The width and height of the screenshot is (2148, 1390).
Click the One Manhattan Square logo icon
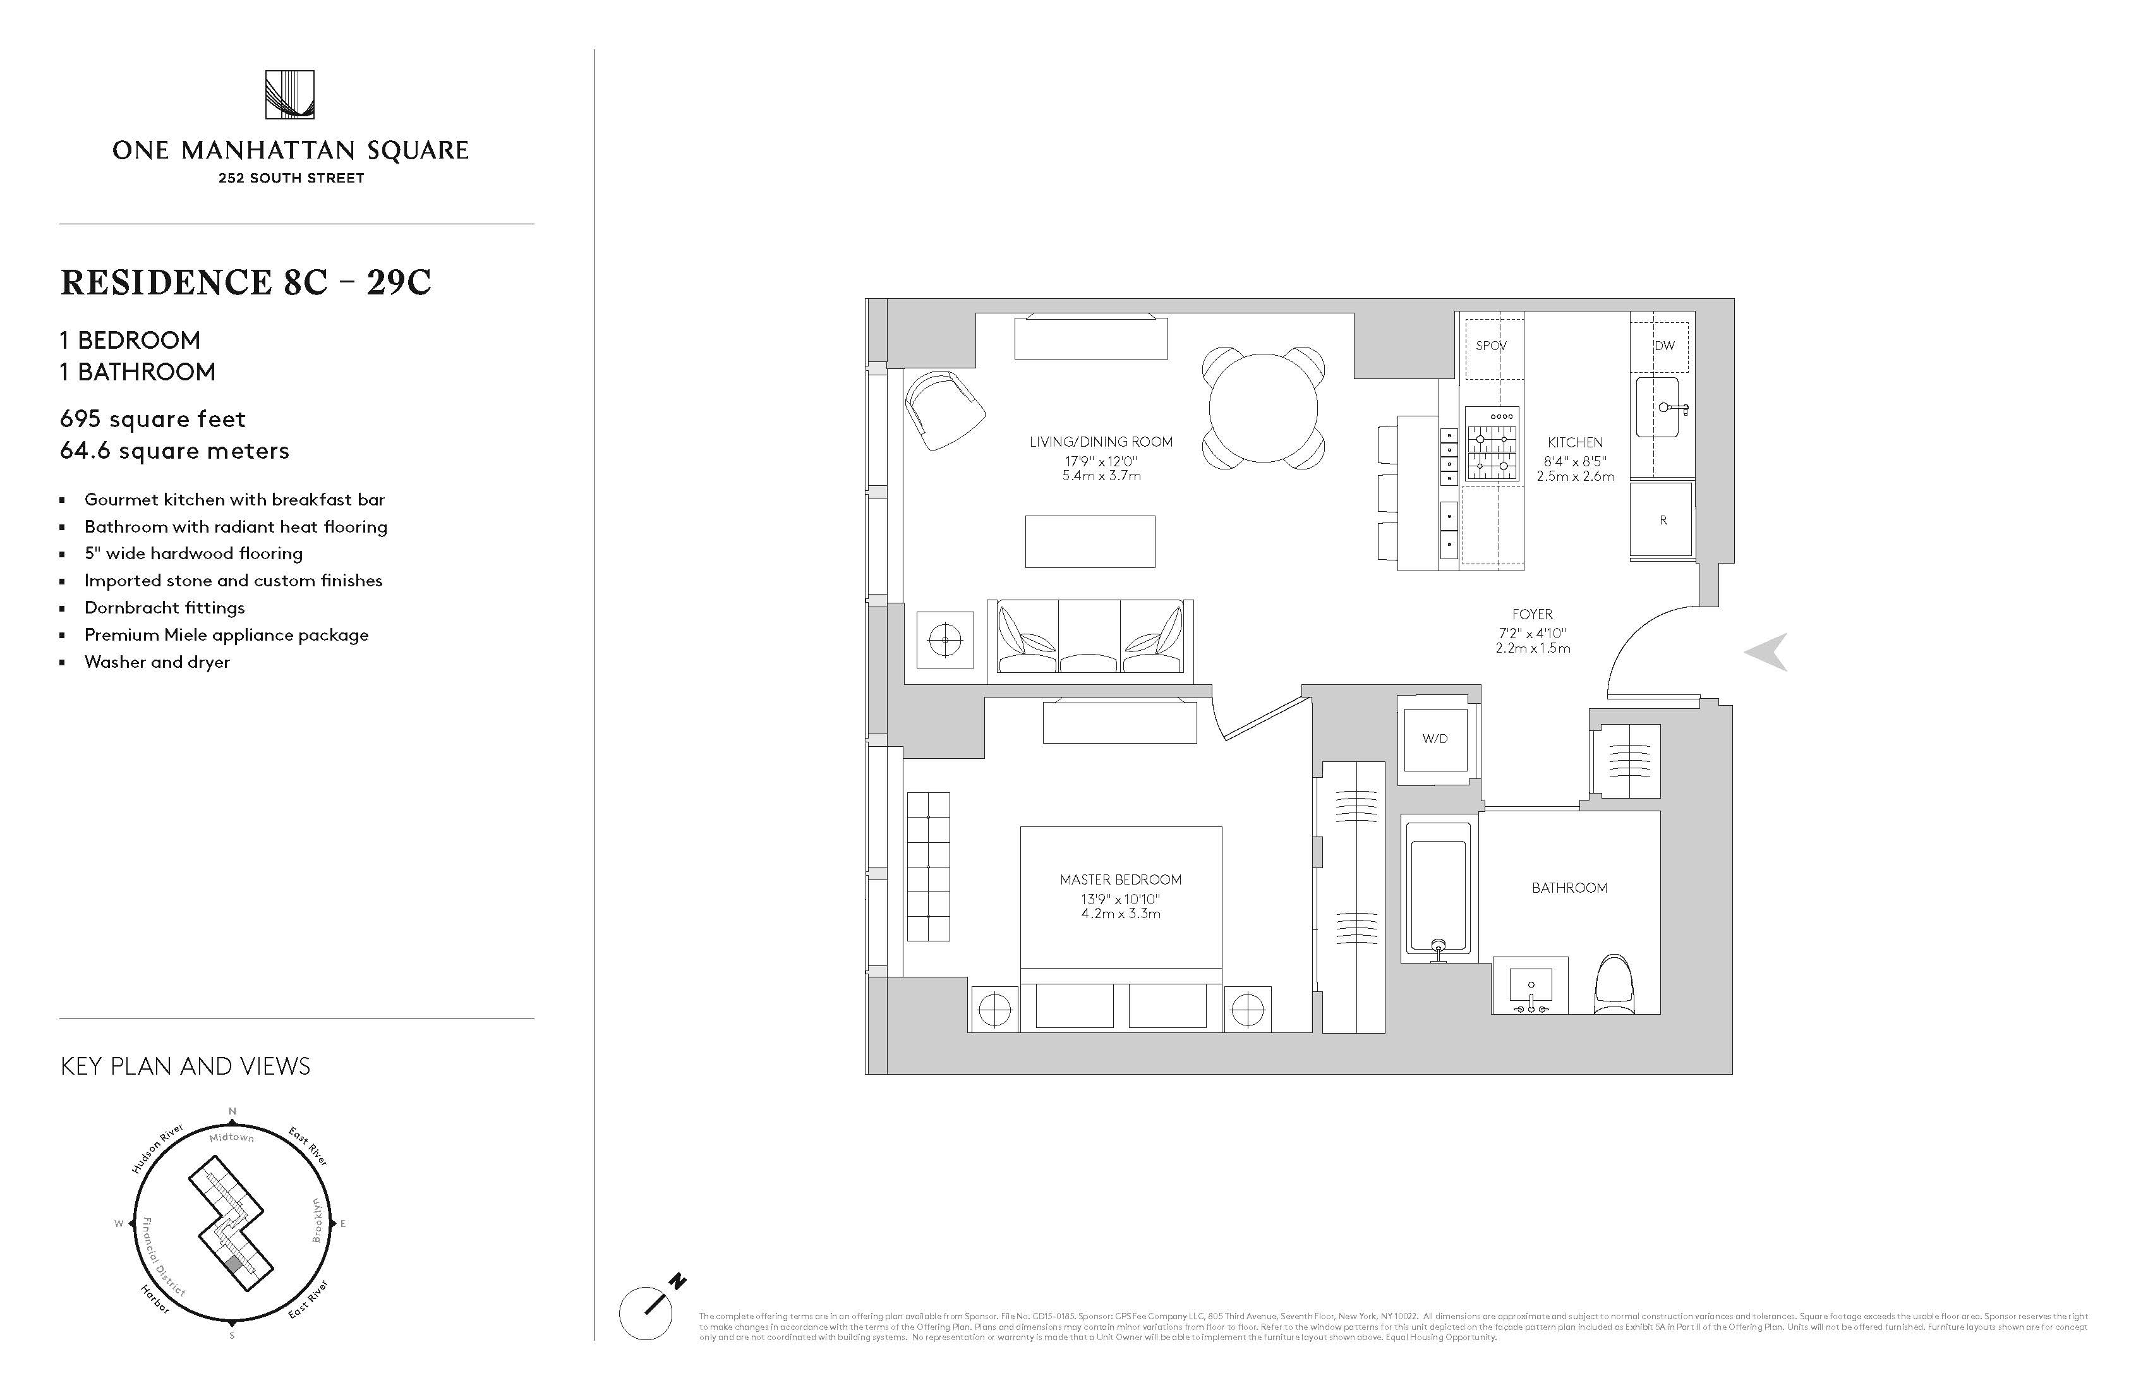tap(290, 95)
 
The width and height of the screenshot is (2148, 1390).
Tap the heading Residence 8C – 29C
tap(246, 282)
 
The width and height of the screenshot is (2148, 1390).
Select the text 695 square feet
tap(152, 419)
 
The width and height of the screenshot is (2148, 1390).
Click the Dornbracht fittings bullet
tap(164, 607)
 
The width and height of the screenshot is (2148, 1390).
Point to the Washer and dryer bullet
tap(157, 662)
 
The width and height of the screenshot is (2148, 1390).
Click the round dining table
tap(1264, 408)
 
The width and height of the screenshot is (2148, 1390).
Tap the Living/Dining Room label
tap(1101, 442)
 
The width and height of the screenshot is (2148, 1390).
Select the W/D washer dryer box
tap(1435, 739)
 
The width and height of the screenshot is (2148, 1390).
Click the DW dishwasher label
tap(1664, 346)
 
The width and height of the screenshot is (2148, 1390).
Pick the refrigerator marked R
tap(1662, 520)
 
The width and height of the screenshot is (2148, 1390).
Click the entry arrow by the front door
tap(1766, 651)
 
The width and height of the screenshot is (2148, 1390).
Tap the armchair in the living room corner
tap(944, 411)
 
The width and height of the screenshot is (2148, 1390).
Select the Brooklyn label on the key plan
tap(317, 1220)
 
